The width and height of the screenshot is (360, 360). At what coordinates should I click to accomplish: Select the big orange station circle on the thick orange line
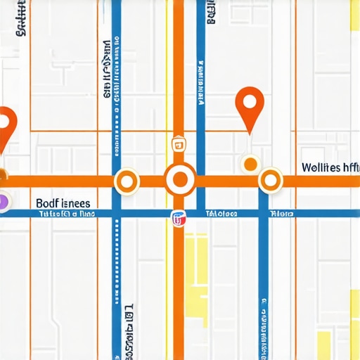pyautogui.click(x=180, y=180)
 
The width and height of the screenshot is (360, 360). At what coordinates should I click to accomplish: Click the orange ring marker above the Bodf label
pyautogui.click(x=127, y=181)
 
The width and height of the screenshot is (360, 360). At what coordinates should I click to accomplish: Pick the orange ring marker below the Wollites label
pyautogui.click(x=270, y=181)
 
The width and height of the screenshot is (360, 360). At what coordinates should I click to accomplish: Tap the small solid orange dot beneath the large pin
pyautogui.click(x=250, y=164)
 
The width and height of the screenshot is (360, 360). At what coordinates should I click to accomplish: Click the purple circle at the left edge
pyautogui.click(x=3, y=202)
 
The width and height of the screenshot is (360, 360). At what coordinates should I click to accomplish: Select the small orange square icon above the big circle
pyautogui.click(x=179, y=146)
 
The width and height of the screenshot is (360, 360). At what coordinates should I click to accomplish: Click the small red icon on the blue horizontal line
pyautogui.click(x=179, y=219)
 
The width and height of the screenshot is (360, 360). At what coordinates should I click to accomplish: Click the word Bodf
pyautogui.click(x=48, y=202)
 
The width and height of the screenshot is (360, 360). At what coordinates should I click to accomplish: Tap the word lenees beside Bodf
pyautogui.click(x=76, y=202)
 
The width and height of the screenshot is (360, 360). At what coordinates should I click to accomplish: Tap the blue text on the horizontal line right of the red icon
pyautogui.click(x=221, y=213)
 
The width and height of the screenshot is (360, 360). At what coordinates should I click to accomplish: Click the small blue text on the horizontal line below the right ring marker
pyautogui.click(x=282, y=213)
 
